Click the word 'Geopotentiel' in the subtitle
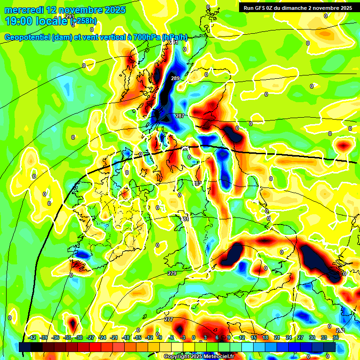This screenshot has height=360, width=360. (28, 37)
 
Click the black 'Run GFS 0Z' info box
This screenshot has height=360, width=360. (297, 8)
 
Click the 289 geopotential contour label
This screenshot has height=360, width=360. (175, 78)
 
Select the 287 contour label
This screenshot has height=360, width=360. (180, 116)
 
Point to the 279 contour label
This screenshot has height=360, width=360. (172, 273)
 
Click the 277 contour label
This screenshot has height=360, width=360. (169, 319)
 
